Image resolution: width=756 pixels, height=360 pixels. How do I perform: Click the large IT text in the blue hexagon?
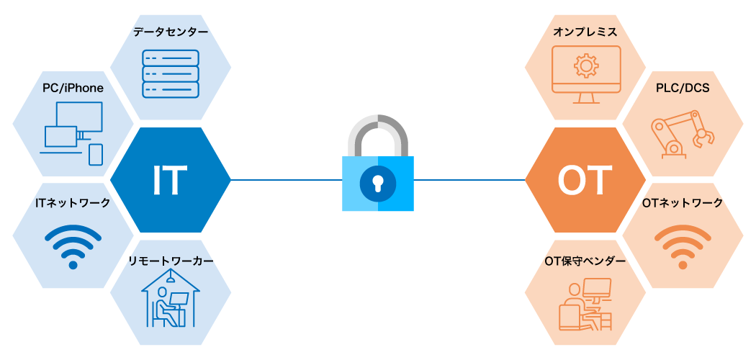point(170,180)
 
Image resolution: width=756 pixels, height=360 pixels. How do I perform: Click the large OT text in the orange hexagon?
point(585,180)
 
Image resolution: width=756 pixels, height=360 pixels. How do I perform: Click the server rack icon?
point(171,73)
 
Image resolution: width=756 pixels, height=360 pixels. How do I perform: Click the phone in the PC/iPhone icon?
point(96,155)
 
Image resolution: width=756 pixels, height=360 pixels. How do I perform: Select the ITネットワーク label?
point(73,203)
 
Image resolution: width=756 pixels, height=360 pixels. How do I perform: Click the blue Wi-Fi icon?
point(73,245)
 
